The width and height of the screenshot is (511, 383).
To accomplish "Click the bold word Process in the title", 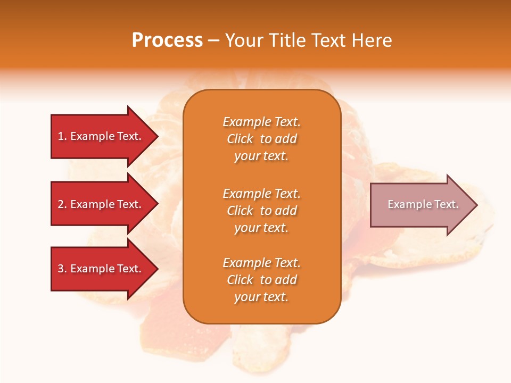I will [x=167, y=40].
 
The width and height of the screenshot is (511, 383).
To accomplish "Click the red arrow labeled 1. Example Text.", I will [x=101, y=136].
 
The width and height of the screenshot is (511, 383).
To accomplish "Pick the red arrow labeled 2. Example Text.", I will [x=101, y=204].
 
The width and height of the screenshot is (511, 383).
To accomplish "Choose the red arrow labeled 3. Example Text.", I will [x=101, y=269].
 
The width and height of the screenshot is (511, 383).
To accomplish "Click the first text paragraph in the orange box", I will [x=261, y=139].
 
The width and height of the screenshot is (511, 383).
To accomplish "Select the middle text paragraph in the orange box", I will [x=261, y=211].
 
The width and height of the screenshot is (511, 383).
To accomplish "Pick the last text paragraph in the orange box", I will [x=261, y=280].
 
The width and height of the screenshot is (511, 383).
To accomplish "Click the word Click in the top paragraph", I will [x=240, y=139].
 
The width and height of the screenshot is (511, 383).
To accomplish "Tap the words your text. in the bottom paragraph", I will [x=261, y=297].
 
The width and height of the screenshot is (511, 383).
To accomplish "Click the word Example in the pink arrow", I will [x=405, y=204].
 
